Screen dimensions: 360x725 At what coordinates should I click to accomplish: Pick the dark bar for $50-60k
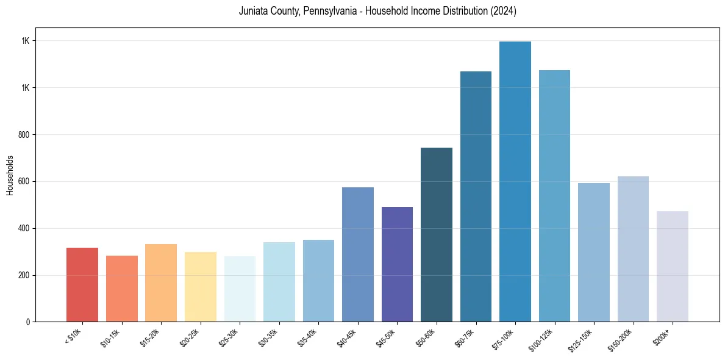click(x=436, y=235)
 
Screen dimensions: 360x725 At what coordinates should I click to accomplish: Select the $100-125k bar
click(x=554, y=196)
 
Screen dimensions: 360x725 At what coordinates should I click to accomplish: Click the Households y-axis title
click(x=10, y=175)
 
